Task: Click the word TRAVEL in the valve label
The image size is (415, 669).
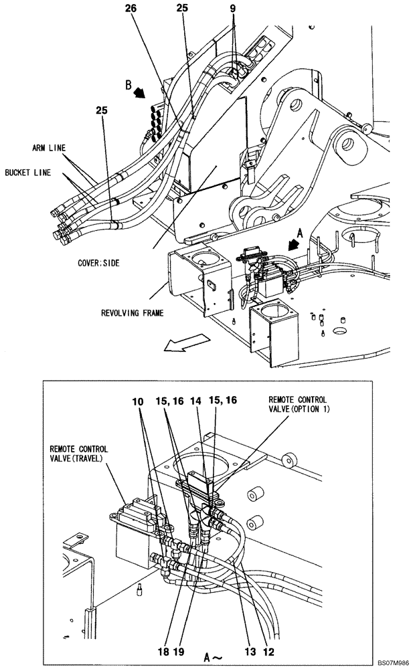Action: click(x=88, y=458)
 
